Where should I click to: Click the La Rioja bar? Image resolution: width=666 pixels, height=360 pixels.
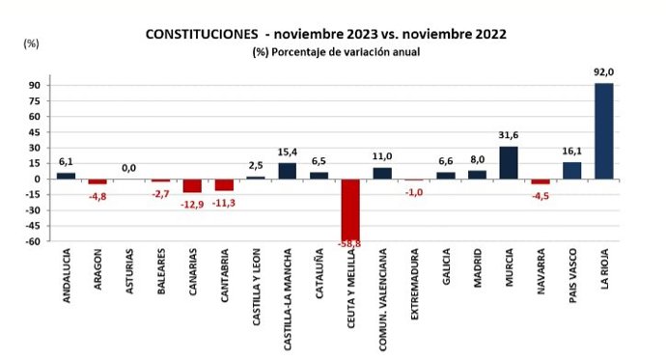tap(603, 130)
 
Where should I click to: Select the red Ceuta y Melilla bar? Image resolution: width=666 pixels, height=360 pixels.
tap(350, 209)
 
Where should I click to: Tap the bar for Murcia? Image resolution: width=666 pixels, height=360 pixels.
tap(509, 162)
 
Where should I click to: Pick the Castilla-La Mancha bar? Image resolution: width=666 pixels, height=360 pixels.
tap(288, 171)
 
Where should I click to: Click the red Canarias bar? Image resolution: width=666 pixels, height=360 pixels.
tap(192, 185)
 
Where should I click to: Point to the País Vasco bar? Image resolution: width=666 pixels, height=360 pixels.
tap(572, 170)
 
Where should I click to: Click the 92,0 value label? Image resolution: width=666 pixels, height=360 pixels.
tap(604, 71)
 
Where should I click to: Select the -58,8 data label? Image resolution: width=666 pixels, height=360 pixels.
tap(350, 244)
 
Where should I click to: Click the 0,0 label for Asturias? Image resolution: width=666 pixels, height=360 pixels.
tap(128, 168)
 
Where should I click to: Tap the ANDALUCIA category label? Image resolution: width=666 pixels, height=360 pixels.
tap(67, 281)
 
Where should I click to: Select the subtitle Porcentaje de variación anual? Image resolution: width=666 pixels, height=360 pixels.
tap(361, 51)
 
